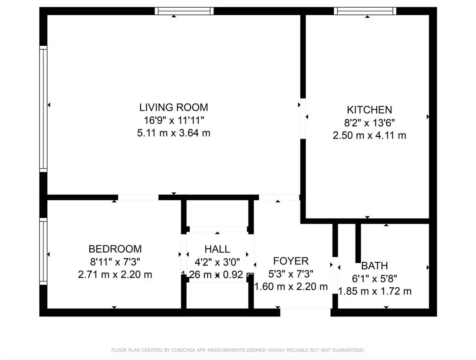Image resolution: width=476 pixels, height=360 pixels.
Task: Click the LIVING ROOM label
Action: click(173, 107)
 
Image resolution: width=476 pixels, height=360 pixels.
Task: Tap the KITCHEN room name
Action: click(369, 110)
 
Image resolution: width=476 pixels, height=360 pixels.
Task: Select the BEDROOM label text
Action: click(115, 249)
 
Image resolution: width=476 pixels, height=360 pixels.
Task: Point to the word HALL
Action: click(217, 249)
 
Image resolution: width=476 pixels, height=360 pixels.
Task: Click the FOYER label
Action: click(291, 261)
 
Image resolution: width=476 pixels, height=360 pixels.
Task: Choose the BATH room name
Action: click(374, 266)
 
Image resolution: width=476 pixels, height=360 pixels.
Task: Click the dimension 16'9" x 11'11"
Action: click(173, 120)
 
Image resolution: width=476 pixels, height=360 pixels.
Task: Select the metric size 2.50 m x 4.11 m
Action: click(369, 135)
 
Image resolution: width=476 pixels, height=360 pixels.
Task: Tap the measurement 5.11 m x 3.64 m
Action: click(173, 133)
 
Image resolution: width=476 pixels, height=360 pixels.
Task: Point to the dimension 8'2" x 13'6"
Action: click(369, 123)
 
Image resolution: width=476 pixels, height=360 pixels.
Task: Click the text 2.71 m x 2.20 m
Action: click(115, 275)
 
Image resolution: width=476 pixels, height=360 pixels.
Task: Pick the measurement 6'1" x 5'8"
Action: click(374, 278)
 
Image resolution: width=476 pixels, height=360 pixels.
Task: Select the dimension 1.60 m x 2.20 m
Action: click(291, 287)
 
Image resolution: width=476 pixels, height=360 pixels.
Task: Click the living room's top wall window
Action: click(184, 11)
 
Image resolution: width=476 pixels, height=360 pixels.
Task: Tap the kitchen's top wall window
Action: click(365, 11)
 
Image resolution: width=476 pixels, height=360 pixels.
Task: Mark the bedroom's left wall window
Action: click(43, 252)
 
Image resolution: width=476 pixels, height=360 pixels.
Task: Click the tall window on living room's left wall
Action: click(43, 109)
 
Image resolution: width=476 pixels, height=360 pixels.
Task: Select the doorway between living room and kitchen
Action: click(303, 118)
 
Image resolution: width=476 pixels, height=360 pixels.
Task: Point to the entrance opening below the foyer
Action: click(305, 312)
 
